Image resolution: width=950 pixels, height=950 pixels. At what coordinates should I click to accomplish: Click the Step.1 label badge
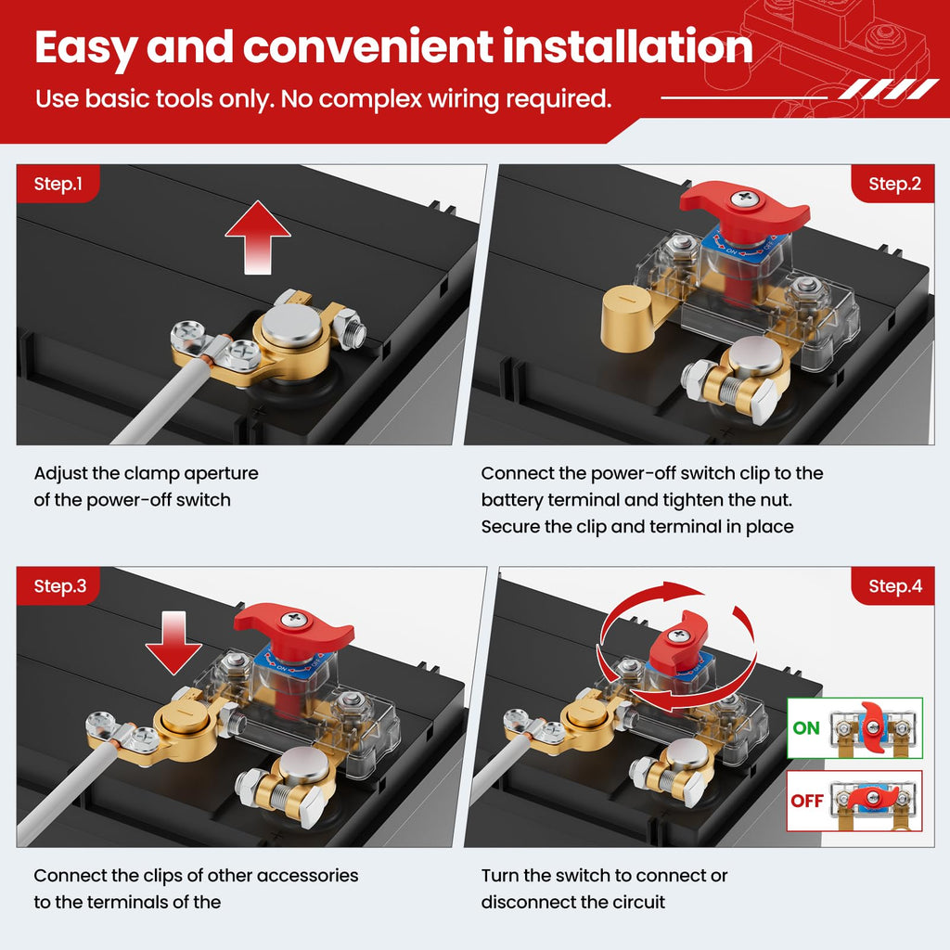58,184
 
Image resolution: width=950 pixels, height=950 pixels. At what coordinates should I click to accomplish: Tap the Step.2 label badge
893,184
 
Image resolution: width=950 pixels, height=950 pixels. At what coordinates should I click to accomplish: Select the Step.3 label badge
58,586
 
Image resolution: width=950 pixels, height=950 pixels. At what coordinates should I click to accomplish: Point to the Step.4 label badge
893,586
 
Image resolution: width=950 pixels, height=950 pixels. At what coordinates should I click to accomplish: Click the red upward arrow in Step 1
258,237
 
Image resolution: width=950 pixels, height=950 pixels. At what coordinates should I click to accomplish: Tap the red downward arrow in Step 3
173,643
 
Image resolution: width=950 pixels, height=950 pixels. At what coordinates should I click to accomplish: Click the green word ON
806,727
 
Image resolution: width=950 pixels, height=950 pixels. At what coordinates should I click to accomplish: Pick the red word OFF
807,801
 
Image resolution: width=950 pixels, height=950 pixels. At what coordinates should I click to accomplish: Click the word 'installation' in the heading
628,47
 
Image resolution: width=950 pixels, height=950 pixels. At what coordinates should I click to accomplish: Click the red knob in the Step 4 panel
678,641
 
